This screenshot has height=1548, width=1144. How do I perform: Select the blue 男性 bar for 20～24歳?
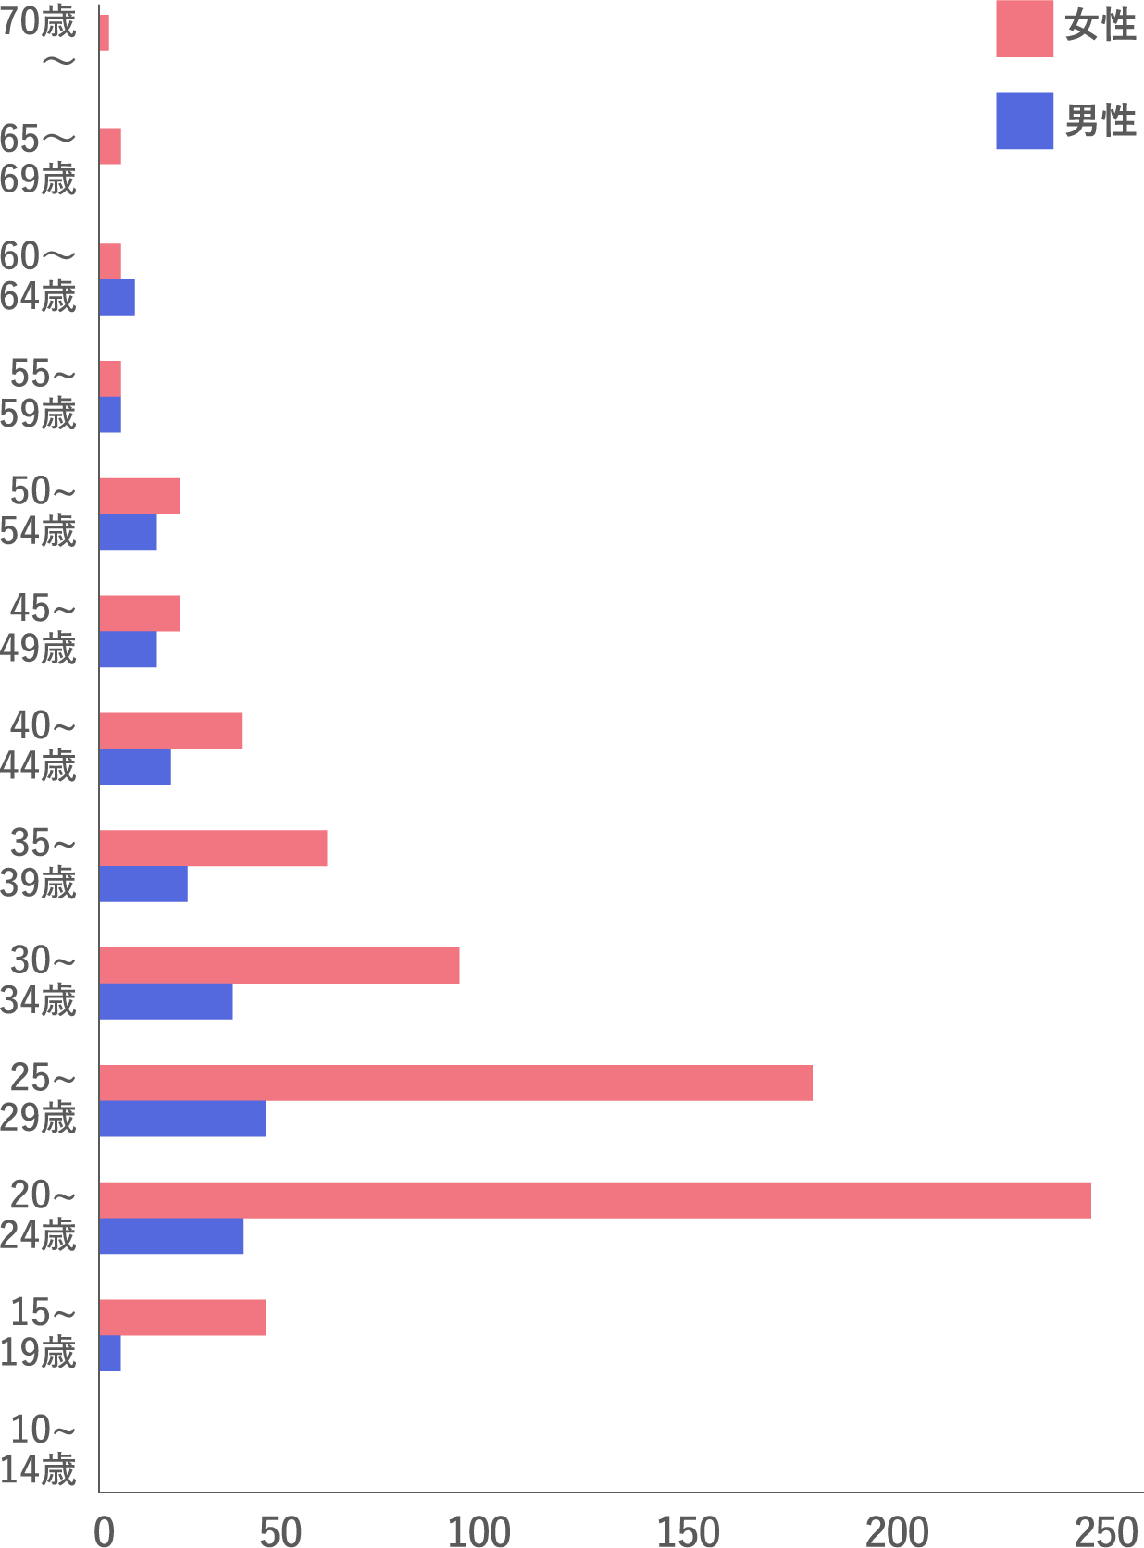point(171,1236)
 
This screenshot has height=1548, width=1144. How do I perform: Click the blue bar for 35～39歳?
point(143,884)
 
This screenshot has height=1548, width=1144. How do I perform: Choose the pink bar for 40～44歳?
point(171,730)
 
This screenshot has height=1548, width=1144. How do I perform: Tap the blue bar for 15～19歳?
point(110,1353)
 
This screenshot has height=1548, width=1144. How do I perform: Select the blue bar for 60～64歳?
point(118,297)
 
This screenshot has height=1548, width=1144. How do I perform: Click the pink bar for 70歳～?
point(105,33)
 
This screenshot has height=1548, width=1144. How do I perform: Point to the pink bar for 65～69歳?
point(110,146)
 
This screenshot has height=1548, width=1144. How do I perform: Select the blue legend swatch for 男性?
point(1025,120)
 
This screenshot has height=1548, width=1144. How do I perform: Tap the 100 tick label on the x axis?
point(479,1531)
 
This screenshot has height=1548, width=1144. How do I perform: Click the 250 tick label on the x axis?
point(1106,1531)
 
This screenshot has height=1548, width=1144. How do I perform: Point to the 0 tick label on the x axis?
point(104,1531)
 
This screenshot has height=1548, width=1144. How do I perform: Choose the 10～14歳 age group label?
point(39,1449)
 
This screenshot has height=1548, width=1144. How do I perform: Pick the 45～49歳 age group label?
point(39,628)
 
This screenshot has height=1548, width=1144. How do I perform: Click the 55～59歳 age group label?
point(39,393)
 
